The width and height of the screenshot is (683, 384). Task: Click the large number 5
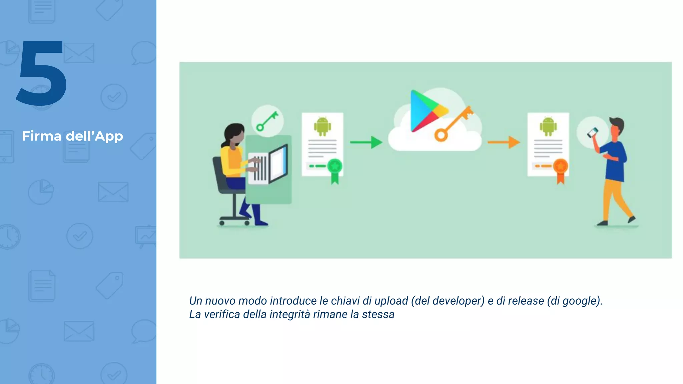pyautogui.click(x=42, y=73)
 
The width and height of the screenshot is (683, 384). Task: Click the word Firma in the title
pyautogui.click(x=42, y=136)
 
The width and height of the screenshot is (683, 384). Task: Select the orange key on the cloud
pyautogui.click(x=454, y=123)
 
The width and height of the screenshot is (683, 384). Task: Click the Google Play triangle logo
pyautogui.click(x=425, y=111)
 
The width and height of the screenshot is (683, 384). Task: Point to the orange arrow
pyautogui.click(x=504, y=142)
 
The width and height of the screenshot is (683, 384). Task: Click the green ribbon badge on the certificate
pyautogui.click(x=335, y=170)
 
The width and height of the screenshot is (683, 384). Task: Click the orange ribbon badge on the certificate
pyautogui.click(x=561, y=170)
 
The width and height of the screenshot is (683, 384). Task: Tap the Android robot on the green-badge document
pyautogui.click(x=322, y=126)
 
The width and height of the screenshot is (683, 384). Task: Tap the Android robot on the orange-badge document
pyautogui.click(x=548, y=126)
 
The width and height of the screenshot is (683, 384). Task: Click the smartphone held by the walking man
pyautogui.click(x=593, y=132)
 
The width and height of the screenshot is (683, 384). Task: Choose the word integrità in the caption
pyautogui.click(x=290, y=314)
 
